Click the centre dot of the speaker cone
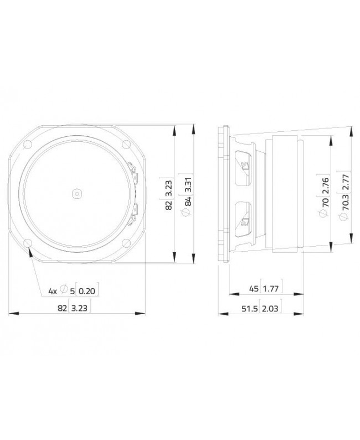[x=76, y=193]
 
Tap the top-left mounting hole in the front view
[x=29, y=146]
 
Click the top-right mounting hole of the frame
[x=124, y=146]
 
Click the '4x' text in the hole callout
[x=53, y=290]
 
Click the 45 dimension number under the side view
[x=254, y=289]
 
